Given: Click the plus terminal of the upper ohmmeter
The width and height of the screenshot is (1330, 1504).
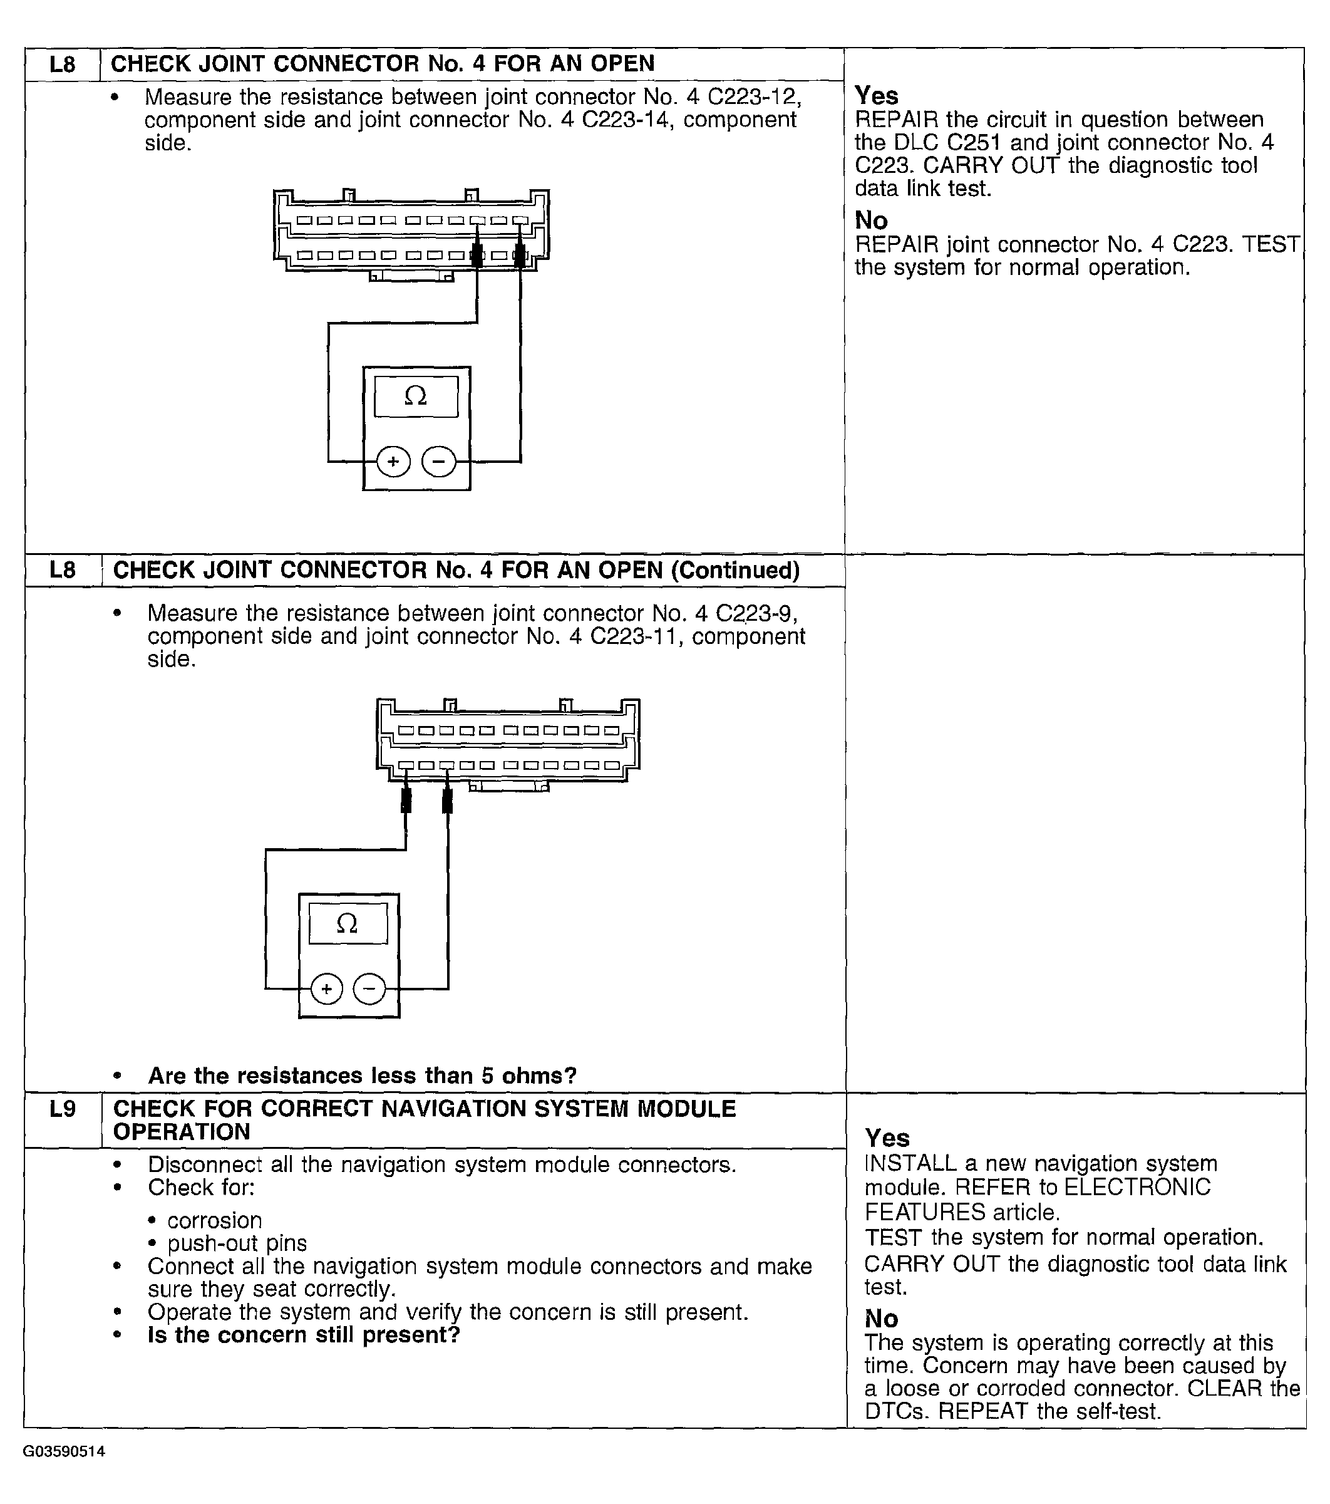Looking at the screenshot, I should [x=394, y=462].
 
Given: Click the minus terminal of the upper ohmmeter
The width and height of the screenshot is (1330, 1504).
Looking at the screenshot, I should [x=438, y=462].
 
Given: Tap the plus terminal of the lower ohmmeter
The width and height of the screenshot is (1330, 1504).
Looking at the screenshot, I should [x=327, y=988].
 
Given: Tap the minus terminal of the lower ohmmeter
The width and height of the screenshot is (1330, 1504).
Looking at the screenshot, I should [x=369, y=988].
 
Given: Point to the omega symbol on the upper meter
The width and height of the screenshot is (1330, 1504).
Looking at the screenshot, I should [x=416, y=396].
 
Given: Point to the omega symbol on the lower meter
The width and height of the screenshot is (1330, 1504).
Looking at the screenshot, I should [x=347, y=923].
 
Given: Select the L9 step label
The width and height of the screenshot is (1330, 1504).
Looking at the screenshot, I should [x=63, y=1109].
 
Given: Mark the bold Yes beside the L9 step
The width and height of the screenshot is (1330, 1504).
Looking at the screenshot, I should [x=887, y=1138].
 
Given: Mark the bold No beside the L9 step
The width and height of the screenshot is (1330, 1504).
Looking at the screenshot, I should [x=881, y=1318].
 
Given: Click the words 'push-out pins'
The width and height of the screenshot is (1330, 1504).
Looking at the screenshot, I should [x=237, y=1243].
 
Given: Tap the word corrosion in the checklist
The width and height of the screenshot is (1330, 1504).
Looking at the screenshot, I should [x=214, y=1220].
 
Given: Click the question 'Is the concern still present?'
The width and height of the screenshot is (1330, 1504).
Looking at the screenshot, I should [x=304, y=1334].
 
